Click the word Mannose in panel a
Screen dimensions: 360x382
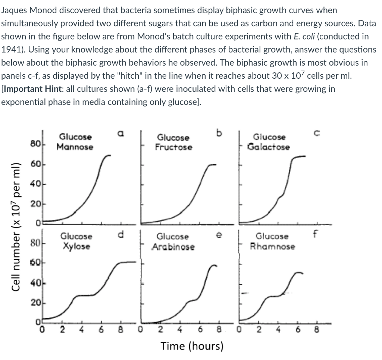(x=75, y=147)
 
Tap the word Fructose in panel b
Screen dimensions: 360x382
(x=174, y=147)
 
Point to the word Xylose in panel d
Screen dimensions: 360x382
(x=76, y=247)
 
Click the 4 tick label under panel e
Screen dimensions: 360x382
(x=179, y=330)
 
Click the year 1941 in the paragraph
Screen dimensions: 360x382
(x=10, y=50)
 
